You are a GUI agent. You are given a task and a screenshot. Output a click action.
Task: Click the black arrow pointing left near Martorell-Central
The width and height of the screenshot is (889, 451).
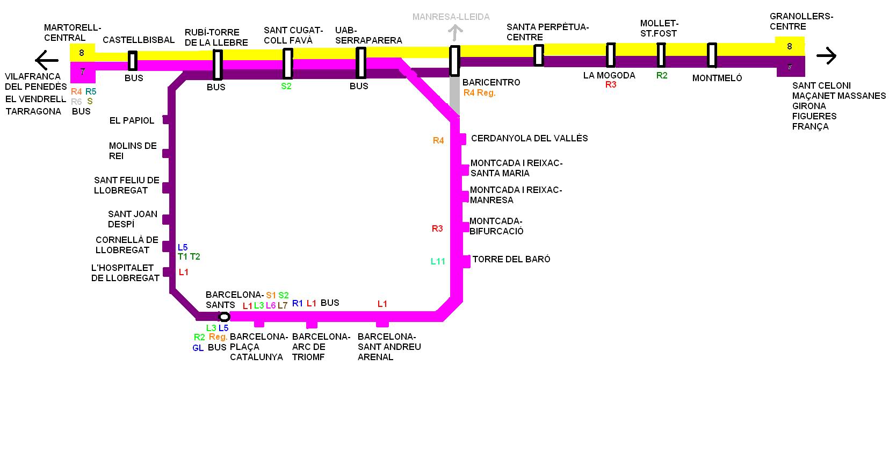coord(46,59)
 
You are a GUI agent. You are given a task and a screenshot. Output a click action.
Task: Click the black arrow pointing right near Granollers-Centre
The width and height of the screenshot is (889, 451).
coord(826,55)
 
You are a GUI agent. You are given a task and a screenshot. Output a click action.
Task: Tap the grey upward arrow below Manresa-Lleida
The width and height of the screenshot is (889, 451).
coord(456,33)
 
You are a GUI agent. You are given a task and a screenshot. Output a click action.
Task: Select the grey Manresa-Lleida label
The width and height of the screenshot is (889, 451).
coord(451,17)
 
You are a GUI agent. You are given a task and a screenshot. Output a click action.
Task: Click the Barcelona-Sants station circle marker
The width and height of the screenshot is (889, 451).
coord(225,317)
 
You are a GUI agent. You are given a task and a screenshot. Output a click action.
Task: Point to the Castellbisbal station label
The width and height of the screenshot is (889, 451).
coord(139,40)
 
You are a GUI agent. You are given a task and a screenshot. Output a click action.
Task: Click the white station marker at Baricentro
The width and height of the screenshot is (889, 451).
coord(454,61)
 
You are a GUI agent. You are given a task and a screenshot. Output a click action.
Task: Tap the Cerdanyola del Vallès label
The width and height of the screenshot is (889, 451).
coord(529,138)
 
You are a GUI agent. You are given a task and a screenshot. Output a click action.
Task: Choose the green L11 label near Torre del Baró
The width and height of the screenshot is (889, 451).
coord(438,262)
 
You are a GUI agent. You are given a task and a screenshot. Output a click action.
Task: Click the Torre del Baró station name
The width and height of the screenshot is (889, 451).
coord(511,259)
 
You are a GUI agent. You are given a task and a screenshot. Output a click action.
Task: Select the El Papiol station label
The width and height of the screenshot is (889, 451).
coord(132,120)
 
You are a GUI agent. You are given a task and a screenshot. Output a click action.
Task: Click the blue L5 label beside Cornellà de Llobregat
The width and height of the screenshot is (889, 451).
coord(183,247)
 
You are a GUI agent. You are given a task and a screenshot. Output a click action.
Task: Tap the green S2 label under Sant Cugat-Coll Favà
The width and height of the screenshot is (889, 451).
coord(286,86)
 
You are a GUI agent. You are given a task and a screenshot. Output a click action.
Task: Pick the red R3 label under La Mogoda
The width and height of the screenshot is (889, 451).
coord(611,85)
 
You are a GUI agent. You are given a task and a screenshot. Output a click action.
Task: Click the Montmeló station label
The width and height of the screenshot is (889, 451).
coord(717,78)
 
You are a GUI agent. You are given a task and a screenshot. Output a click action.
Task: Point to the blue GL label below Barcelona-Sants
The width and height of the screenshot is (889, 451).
coord(198,348)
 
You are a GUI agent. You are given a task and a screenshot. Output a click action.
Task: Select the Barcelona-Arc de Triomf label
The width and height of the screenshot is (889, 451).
coord(321,347)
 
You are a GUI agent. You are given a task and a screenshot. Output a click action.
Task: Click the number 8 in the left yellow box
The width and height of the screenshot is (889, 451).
coord(82,53)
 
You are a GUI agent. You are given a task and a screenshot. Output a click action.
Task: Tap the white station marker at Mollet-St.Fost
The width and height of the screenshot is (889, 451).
coord(661,55)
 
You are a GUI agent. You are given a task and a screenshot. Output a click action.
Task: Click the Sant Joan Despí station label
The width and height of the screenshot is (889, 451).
coord(132,219)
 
